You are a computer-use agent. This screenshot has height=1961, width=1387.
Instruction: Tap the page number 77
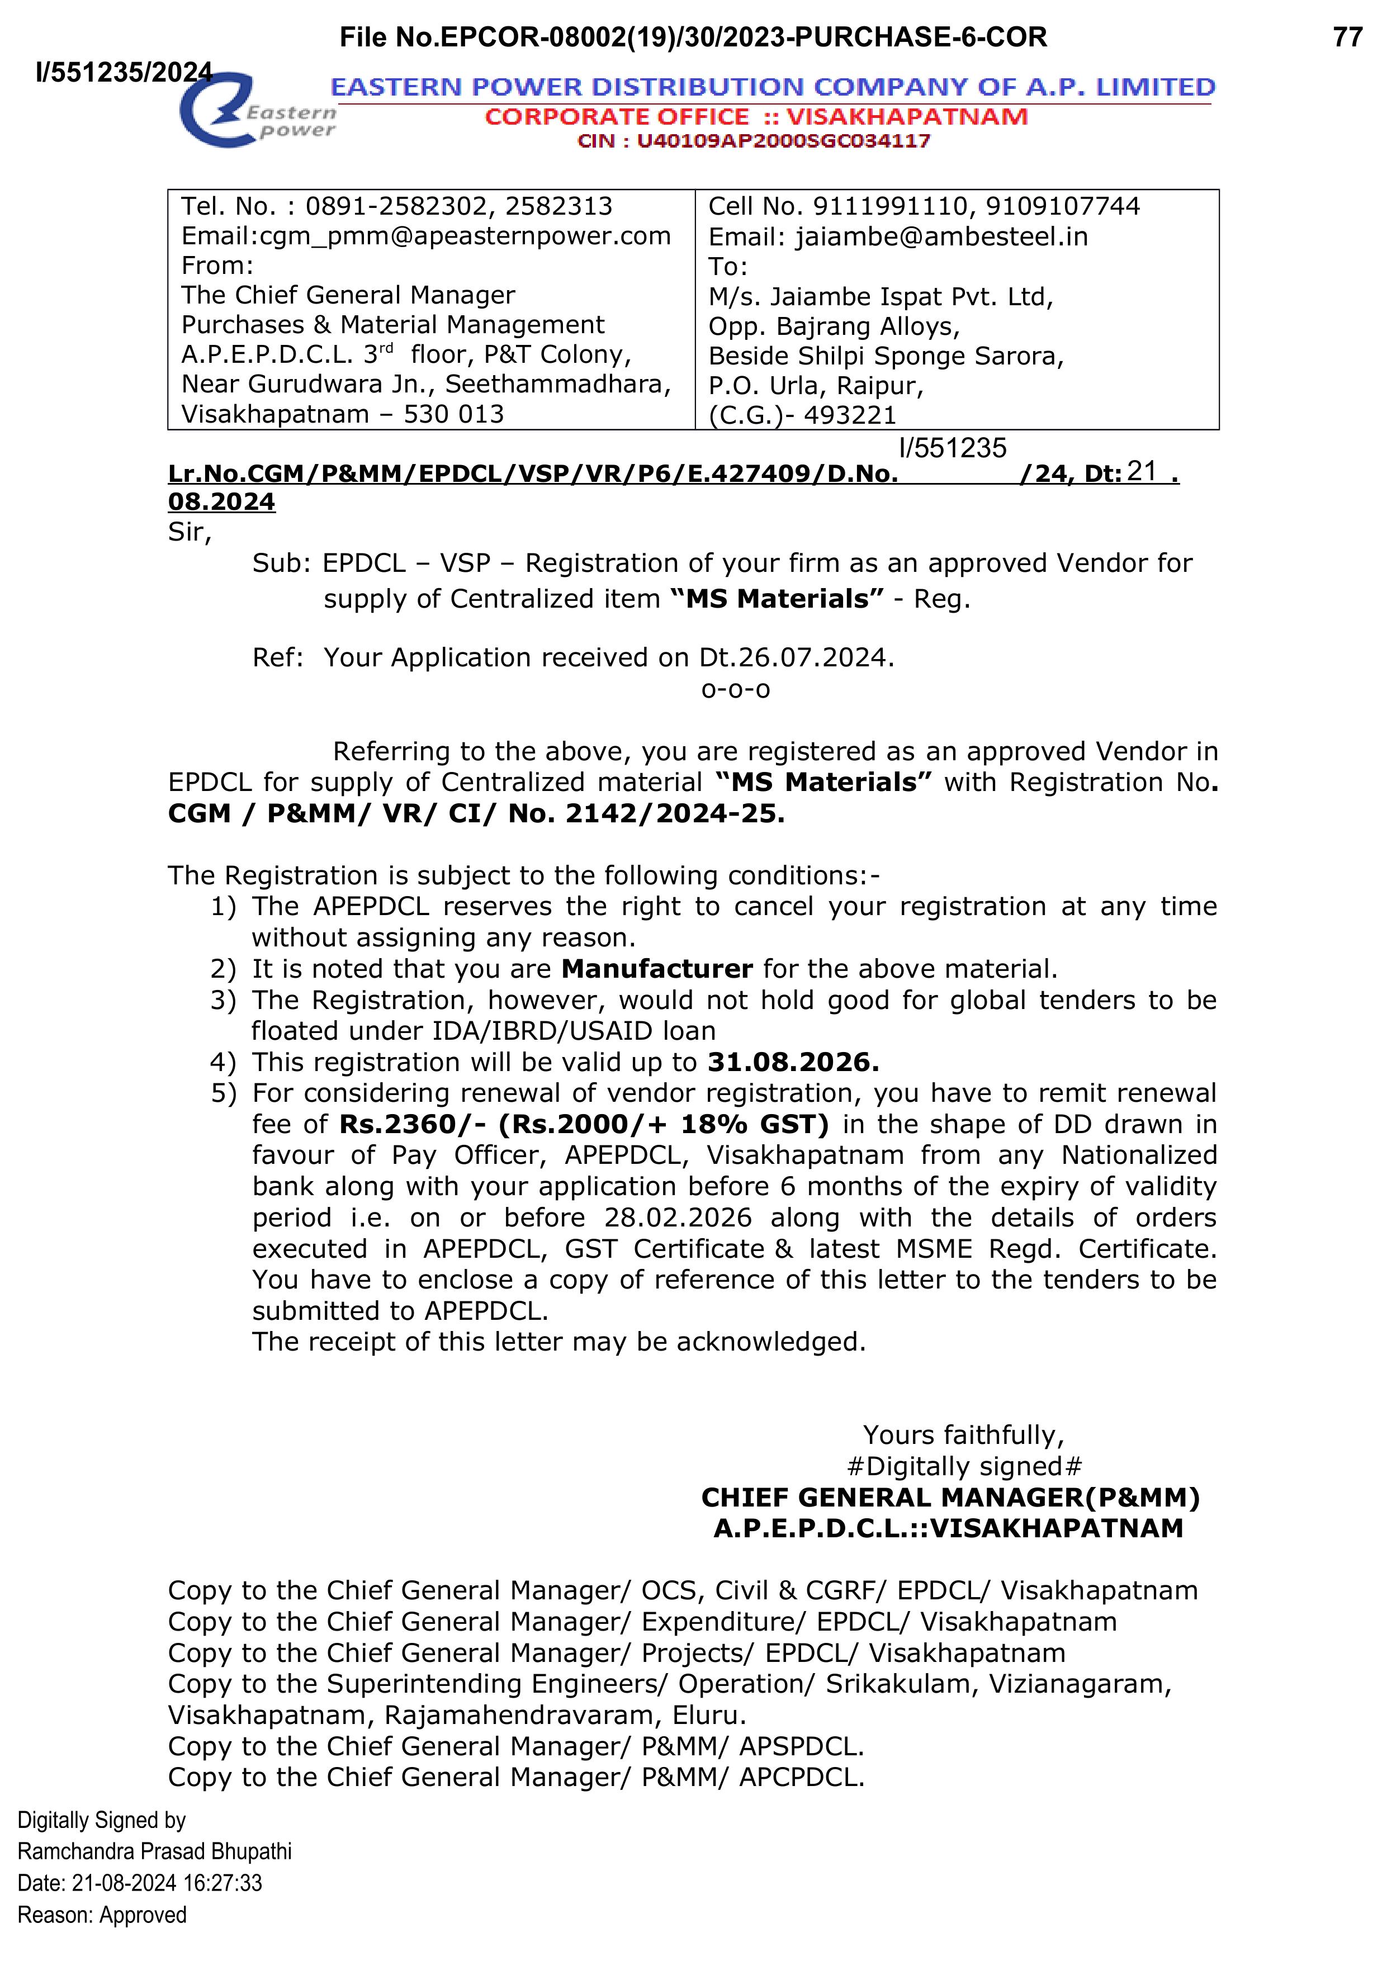pyautogui.click(x=1348, y=37)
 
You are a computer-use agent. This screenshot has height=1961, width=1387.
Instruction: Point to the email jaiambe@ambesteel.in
pyautogui.click(x=942, y=236)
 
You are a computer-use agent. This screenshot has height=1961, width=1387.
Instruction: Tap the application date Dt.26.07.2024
pyautogui.click(x=796, y=657)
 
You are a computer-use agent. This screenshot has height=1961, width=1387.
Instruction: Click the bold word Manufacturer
pyautogui.click(x=657, y=969)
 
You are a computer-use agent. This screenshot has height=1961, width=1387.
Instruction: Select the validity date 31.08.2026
pyautogui.click(x=793, y=1063)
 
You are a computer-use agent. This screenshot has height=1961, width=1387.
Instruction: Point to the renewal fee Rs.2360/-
pyautogui.click(x=413, y=1125)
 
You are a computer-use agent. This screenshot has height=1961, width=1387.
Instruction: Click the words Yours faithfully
pyautogui.click(x=963, y=1435)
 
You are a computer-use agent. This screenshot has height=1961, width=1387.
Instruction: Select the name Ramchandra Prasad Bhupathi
pyautogui.click(x=155, y=1851)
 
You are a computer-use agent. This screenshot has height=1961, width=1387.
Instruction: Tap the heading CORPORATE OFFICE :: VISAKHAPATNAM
pyautogui.click(x=756, y=117)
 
